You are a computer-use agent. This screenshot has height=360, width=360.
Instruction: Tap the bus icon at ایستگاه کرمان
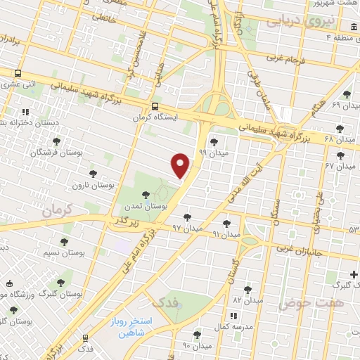(155, 106)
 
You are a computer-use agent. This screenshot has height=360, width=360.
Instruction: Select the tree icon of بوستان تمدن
(146, 195)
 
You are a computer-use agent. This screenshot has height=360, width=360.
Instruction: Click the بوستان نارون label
(94, 185)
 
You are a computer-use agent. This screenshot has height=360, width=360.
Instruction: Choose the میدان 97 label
(186, 229)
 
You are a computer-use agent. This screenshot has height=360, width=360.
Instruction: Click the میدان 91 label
(226, 233)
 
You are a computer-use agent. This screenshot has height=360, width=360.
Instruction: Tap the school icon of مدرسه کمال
(233, 317)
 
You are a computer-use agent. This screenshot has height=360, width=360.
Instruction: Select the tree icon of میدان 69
(346, 94)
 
